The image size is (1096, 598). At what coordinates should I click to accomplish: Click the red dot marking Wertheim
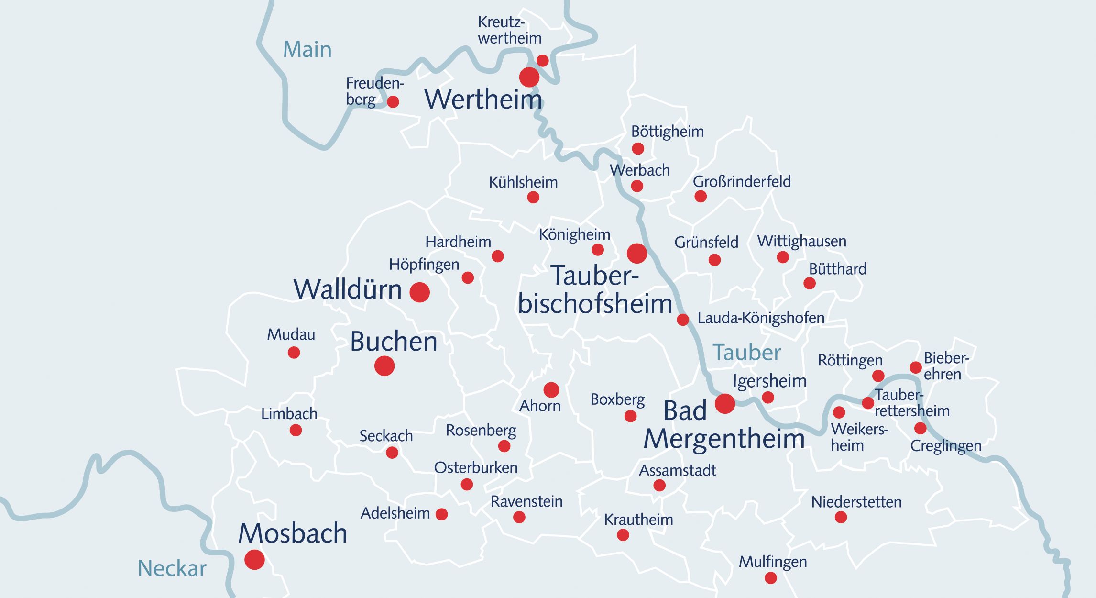coord(529,77)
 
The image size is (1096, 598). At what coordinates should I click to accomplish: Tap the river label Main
coord(307,50)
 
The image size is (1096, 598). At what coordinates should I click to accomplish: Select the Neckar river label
coord(172,568)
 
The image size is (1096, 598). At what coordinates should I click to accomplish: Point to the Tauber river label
coord(746,353)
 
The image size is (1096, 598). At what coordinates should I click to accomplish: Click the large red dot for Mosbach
coord(254,559)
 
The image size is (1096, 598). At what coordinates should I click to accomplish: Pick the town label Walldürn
coord(347,289)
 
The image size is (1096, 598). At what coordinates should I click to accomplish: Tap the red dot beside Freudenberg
coord(393,101)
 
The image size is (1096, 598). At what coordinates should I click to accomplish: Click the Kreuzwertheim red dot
coord(542,61)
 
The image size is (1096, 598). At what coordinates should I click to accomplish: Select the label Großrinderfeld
coord(742,182)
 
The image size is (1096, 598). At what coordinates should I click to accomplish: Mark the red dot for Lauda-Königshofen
coord(683,320)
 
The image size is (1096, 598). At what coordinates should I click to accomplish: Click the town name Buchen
coord(394,342)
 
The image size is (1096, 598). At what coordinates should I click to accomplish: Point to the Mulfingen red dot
coord(770,578)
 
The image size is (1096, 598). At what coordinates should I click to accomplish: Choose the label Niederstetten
coord(856,502)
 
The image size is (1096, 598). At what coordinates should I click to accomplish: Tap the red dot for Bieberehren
coord(915,367)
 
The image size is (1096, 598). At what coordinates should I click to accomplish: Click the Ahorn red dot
coord(551,390)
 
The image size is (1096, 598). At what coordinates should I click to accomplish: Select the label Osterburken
coord(475,467)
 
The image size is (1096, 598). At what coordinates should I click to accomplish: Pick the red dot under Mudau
coord(294,353)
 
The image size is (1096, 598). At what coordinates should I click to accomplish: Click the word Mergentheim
coord(724,439)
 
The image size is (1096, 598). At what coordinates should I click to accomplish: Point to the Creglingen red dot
coord(920,428)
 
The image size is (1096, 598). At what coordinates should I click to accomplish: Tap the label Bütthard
coord(837,269)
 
